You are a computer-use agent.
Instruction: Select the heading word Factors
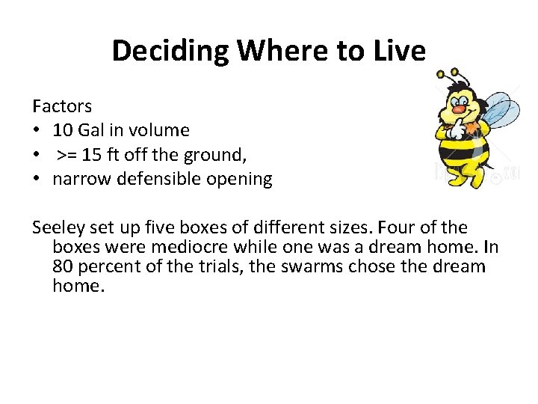pyautogui.click(x=61, y=105)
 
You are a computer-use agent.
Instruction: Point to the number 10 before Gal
pyautogui.click(x=64, y=130)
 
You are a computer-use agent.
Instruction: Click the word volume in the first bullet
pyautogui.click(x=158, y=130)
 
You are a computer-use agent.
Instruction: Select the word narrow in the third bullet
pyautogui.click(x=79, y=180)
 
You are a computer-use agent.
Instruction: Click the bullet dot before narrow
pyautogui.click(x=37, y=180)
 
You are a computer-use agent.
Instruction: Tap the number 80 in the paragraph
pyautogui.click(x=64, y=266)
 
